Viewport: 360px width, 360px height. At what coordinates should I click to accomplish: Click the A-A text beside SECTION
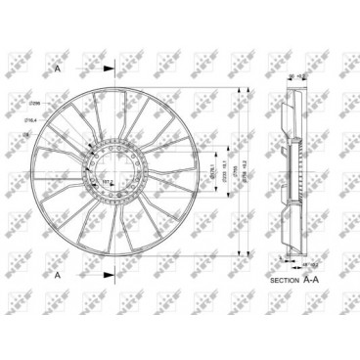(311, 280)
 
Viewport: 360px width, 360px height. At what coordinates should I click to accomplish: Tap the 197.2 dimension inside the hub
(107, 182)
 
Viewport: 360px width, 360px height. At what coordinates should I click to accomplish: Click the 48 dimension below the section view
(292, 263)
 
